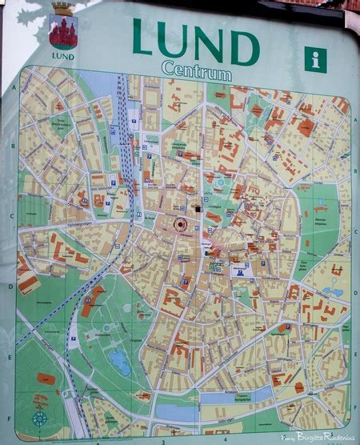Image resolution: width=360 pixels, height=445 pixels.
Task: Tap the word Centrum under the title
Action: (x=195, y=72)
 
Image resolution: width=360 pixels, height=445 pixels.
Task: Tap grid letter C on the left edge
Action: (x=10, y=215)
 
